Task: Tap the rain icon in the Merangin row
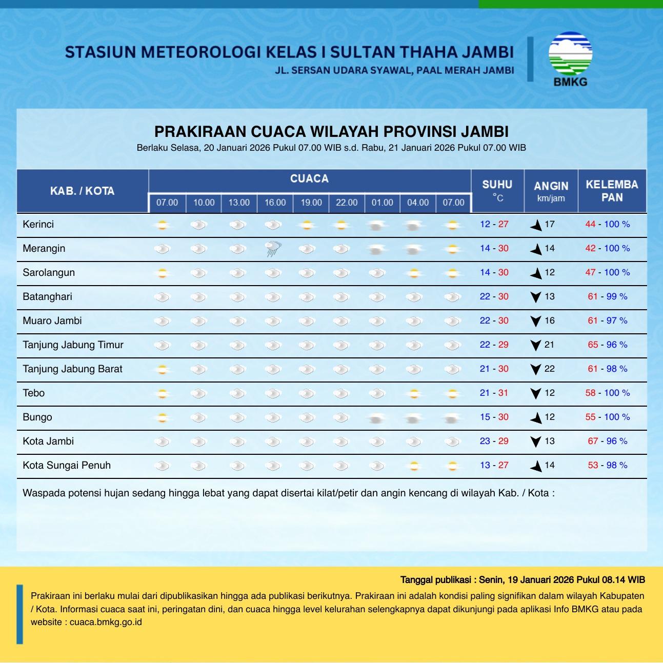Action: (x=273, y=249)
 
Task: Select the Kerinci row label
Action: (x=38, y=225)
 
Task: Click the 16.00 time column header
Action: (x=275, y=203)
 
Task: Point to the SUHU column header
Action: (x=497, y=190)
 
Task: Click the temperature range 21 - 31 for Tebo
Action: (x=494, y=393)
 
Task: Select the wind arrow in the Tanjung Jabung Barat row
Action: (x=536, y=369)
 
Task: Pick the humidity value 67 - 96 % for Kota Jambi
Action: (x=607, y=441)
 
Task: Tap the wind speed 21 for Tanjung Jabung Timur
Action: (x=550, y=345)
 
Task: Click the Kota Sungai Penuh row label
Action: (x=67, y=465)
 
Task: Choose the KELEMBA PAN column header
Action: (x=612, y=191)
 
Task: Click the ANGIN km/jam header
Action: (x=551, y=191)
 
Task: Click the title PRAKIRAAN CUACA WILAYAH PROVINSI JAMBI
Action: (x=331, y=131)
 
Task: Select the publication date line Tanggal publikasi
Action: (x=522, y=580)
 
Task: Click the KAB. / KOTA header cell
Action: (x=82, y=191)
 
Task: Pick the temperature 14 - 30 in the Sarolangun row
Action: (x=494, y=272)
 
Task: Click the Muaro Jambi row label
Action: (x=52, y=320)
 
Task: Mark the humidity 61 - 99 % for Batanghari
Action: (x=607, y=296)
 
